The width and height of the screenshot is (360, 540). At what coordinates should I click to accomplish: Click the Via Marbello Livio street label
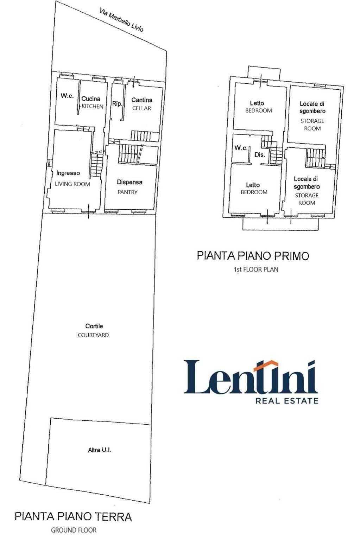tap(121, 21)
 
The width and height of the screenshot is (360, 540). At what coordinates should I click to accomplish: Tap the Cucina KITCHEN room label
tap(91, 102)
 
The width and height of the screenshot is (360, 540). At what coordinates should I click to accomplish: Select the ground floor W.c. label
tap(67, 96)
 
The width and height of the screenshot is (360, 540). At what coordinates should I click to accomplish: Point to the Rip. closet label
tap(117, 103)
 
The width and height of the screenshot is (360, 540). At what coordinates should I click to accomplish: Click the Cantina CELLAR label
tap(141, 104)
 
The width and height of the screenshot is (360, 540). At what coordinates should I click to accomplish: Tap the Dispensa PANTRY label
tap(129, 187)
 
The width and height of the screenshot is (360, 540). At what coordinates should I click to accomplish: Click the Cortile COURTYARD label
tap(94, 330)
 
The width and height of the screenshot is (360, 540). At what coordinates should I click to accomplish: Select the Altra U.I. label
tap(100, 450)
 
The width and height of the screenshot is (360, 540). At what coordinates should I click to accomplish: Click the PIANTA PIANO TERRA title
tap(73, 516)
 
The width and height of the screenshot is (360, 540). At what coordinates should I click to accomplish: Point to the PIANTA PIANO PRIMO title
tap(253, 255)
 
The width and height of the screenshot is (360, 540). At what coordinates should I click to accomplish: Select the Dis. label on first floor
tap(260, 154)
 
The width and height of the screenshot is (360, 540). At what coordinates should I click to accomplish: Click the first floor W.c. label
tap(241, 148)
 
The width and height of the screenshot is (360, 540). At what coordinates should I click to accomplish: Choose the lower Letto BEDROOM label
tap(254, 188)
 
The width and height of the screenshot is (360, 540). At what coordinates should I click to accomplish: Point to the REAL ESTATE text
tap(286, 400)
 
